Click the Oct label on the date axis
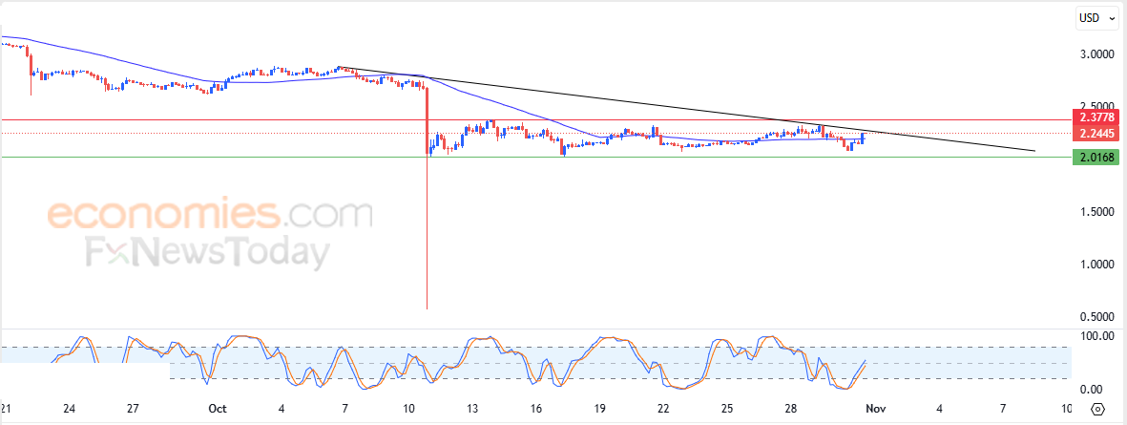coord(218,409)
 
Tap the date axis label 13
coord(471,409)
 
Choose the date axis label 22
coord(663,409)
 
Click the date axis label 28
coord(791,409)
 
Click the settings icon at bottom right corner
coord(1097,410)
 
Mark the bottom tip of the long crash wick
coord(426,308)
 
